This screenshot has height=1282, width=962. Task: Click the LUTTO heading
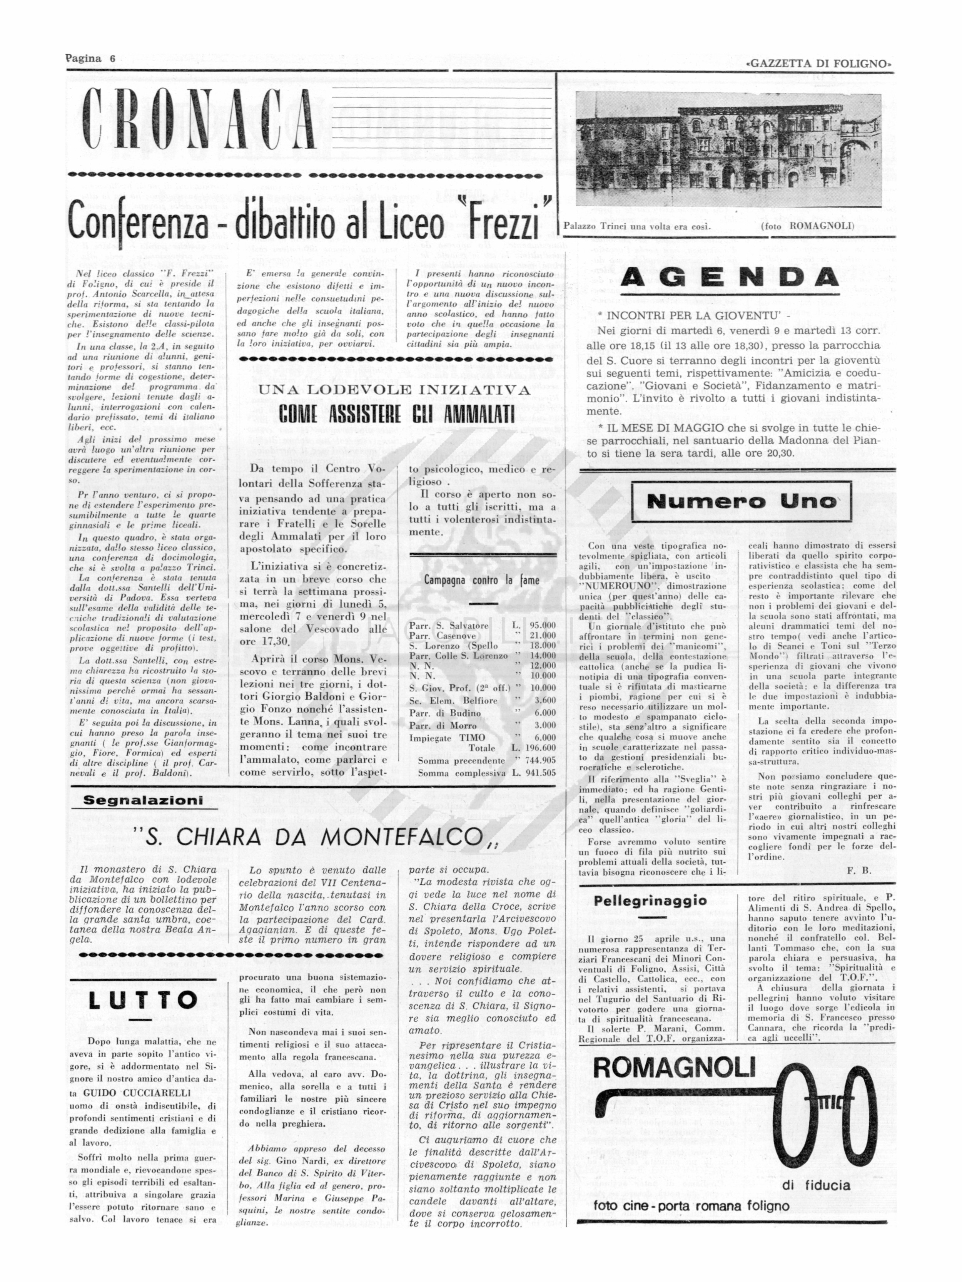[x=142, y=1000]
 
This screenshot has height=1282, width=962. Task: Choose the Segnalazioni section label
[x=143, y=800]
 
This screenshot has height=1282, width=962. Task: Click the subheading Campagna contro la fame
[x=481, y=580]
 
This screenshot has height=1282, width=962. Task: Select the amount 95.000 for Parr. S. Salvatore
[x=542, y=626]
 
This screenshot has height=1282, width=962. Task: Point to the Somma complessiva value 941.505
[x=542, y=773]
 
